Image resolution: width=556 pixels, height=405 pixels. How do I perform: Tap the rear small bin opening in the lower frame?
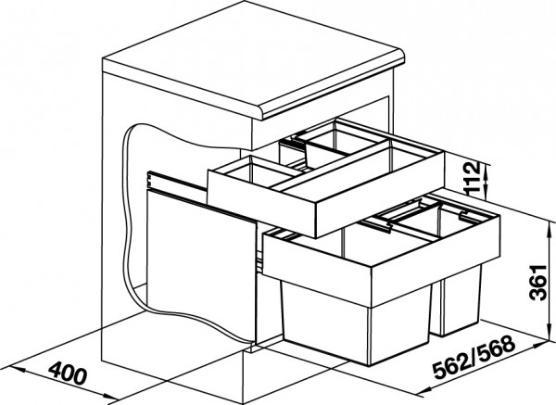(x=436, y=221)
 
